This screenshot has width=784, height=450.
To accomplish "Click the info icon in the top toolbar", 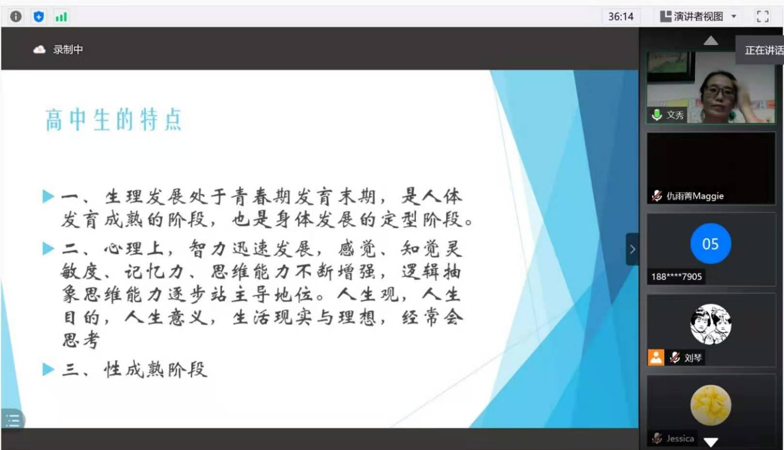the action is point(16,16).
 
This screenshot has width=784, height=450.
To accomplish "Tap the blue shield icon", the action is point(38,16).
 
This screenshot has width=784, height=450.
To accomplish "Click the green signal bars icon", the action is point(61,17).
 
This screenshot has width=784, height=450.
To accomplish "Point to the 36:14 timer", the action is point(621,16).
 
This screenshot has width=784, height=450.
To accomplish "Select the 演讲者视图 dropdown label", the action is point(698,16).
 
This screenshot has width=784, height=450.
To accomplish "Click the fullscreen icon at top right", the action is point(763,16).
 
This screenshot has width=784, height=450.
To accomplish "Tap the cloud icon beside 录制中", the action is point(39,50).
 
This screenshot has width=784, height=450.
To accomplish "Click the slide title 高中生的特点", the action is point(114,120).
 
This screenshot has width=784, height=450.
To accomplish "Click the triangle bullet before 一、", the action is point(48,196).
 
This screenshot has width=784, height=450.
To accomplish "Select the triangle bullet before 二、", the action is point(48,248).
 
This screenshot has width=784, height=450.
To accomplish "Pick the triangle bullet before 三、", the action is point(48,369).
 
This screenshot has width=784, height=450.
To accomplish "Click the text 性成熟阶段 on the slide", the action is point(156,369).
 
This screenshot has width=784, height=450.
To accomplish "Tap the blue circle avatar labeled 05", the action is point(710,243).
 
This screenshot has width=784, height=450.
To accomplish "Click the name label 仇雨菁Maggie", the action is point(695,196).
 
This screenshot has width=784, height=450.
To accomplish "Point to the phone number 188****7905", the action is point(676,277).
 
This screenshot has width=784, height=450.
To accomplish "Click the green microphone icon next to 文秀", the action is point(657,115).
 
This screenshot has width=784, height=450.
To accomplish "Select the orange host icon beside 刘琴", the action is point(656,358).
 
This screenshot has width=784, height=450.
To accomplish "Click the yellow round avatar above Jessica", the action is point(710,405).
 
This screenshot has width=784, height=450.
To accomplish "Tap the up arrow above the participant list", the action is point(710,41).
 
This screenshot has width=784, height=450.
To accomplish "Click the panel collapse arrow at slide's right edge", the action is point(632,249).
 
